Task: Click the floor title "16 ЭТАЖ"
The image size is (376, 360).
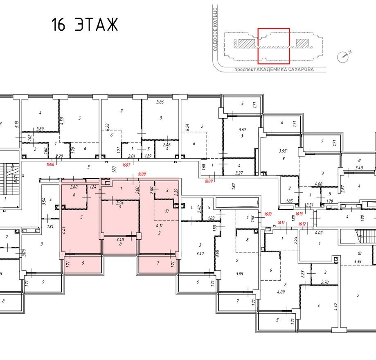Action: click(85, 25)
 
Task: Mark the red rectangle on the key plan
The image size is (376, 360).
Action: click(273, 46)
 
